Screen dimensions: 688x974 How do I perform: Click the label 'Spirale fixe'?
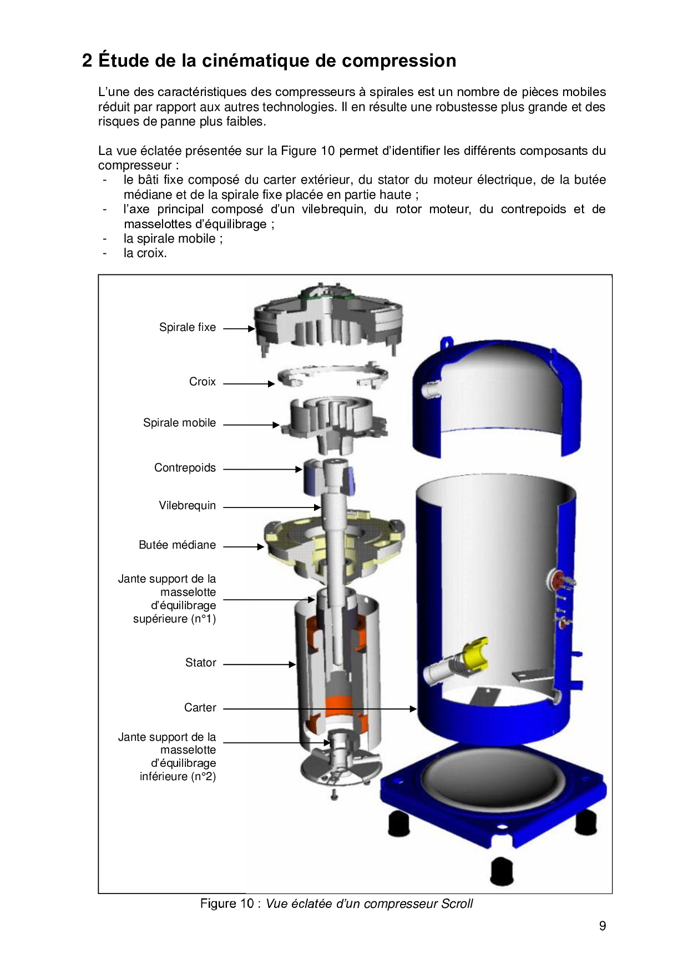(188, 328)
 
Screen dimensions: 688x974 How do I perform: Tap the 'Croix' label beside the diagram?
(203, 382)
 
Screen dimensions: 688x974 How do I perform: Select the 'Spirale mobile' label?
(179, 423)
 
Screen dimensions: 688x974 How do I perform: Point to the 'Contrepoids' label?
(185, 468)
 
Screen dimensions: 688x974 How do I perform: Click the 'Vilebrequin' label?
(188, 506)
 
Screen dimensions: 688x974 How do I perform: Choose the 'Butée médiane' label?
(177, 545)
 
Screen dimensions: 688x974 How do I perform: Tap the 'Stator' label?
(201, 663)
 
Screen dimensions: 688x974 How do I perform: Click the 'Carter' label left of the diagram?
(200, 708)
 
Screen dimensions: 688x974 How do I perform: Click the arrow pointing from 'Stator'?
(260, 664)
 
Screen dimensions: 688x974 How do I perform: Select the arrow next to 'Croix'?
(249, 384)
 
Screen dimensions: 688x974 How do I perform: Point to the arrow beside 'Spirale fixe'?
(239, 329)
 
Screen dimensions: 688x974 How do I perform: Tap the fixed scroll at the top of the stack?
(328, 319)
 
